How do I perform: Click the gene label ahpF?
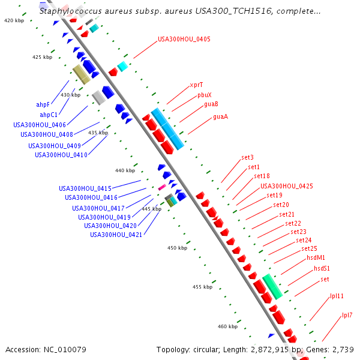coord(43,104)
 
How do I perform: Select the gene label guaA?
coord(220,117)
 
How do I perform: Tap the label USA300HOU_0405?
coord(184,40)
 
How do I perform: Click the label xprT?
coord(196,85)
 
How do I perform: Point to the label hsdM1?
coord(316,257)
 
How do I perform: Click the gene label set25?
coord(309,248)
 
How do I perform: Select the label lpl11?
coord(337,296)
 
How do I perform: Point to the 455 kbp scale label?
coord(203,287)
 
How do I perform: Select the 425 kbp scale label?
coord(43,58)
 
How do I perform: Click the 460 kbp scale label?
coord(227,327)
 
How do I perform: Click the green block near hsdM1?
coord(272,286)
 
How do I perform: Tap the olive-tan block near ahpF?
coord(81,74)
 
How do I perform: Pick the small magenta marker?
coord(162,188)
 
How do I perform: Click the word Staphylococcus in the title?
coord(67,11)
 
